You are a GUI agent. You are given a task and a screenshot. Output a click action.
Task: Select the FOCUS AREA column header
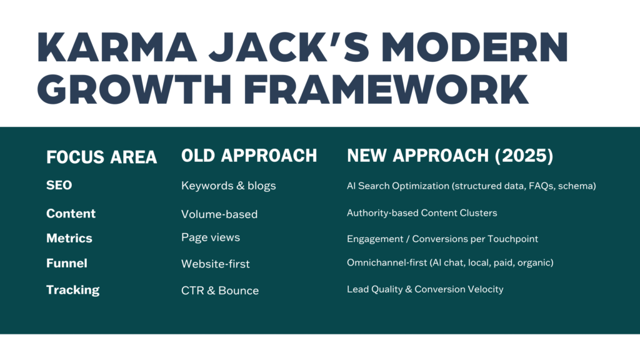(101, 156)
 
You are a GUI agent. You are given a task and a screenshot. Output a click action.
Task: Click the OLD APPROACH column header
(249, 156)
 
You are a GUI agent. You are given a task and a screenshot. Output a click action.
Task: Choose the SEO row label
(59, 186)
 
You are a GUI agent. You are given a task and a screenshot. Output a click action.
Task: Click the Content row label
(71, 213)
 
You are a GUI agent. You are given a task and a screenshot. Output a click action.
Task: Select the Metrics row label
(69, 238)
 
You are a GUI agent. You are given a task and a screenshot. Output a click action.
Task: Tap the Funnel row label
(66, 263)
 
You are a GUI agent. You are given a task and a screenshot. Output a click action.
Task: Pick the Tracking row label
(72, 289)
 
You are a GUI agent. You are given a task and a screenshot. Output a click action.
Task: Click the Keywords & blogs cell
(227, 186)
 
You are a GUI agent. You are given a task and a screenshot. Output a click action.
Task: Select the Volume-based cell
(219, 214)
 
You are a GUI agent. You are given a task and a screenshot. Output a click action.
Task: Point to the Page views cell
(210, 237)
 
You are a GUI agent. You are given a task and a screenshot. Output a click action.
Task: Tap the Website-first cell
(215, 264)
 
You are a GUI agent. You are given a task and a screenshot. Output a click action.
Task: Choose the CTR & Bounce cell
(219, 290)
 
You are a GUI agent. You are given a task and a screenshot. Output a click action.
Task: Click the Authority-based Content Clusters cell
(422, 213)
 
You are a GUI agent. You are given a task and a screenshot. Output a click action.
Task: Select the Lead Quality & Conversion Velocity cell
(425, 289)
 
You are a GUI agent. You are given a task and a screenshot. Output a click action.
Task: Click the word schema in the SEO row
(579, 186)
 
